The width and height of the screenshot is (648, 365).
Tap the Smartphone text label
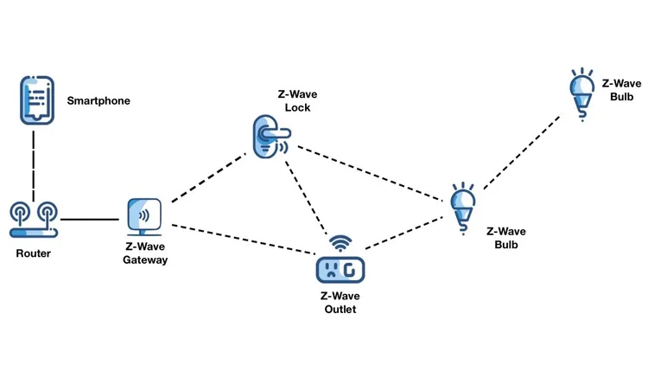click(98, 101)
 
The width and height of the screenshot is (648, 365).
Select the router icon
click(35, 220)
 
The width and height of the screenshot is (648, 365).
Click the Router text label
click(35, 253)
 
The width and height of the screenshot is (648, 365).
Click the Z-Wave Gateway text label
click(145, 253)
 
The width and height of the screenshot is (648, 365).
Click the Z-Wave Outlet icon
click(340, 269)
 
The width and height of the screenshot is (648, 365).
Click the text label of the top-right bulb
click(620, 89)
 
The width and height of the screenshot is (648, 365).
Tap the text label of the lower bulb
click(505, 238)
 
